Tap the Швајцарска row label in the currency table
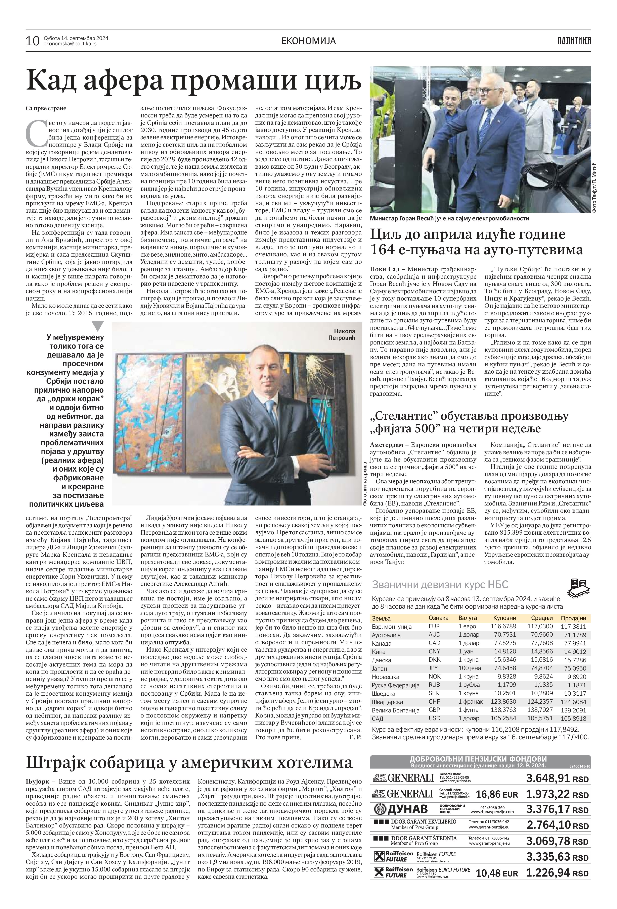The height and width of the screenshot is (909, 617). pyautogui.click(x=387, y=702)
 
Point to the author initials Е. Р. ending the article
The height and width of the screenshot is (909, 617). pyautogui.click(x=355, y=737)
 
